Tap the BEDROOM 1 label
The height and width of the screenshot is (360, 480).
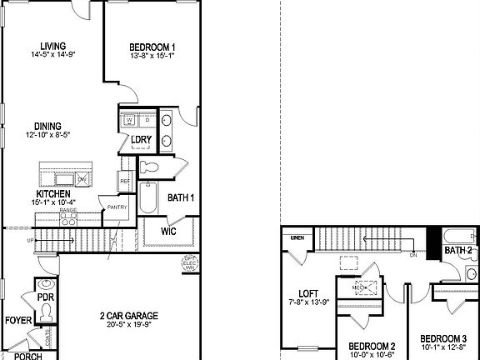click(x=152, y=47)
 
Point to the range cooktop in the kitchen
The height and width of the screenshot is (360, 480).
click(x=67, y=219)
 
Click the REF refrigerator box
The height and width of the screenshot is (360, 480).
click(x=125, y=181)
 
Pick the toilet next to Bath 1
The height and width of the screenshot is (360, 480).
click(x=152, y=167)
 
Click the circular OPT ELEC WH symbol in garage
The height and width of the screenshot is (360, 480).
click(x=189, y=265)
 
